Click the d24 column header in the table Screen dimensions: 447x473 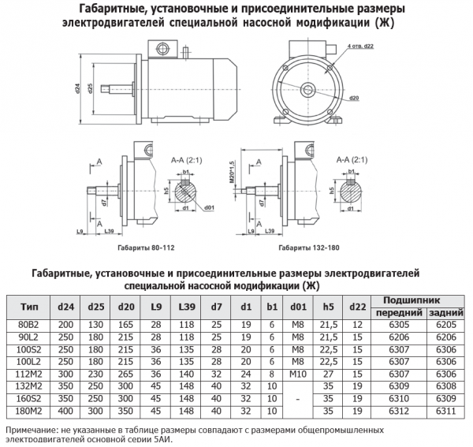[65, 307]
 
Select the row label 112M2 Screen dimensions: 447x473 [28, 373]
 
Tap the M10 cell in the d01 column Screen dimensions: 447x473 [298, 373]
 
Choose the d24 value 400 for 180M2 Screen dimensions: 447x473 [65, 410]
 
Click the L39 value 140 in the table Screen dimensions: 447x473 [187, 373]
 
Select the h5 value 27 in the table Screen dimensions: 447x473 [330, 373]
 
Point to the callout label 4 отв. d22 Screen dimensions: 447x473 [359, 47]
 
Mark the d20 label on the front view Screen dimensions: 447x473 [354, 97]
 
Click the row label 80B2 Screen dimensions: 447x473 [28, 324]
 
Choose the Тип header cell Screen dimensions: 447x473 [28, 307]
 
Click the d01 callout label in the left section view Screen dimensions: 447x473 [209, 207]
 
